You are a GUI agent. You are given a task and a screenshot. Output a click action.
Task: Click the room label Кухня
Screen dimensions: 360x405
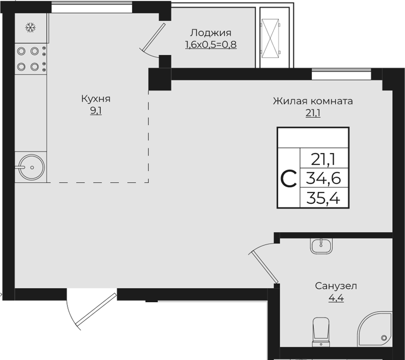(x=96, y=99)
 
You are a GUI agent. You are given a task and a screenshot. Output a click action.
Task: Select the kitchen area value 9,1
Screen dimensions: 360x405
(x=96, y=112)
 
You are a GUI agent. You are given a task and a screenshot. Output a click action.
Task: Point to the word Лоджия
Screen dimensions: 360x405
(x=211, y=33)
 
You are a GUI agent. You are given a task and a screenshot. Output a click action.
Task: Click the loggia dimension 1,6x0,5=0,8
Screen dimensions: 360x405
(x=211, y=45)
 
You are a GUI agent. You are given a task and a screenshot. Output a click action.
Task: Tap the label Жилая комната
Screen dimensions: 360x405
(x=313, y=101)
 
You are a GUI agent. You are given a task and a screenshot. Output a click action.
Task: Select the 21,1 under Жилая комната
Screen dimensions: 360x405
(x=313, y=113)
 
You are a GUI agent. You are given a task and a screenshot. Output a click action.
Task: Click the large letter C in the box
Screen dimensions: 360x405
(x=288, y=178)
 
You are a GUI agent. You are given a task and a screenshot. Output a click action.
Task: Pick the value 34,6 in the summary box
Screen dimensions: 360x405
(x=324, y=178)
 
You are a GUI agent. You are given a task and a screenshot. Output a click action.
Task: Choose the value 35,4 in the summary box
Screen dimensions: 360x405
(x=324, y=198)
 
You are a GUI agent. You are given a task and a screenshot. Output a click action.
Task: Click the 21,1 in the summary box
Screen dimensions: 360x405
(x=324, y=158)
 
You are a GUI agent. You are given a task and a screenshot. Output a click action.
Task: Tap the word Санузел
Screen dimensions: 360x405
(x=336, y=286)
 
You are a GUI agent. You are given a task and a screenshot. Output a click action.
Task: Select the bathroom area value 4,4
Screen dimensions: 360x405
(x=336, y=298)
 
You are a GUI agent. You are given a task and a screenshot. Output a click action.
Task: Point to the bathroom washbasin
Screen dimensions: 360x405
(x=322, y=246)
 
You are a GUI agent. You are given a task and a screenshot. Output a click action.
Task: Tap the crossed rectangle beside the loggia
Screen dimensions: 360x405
(x=270, y=37)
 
